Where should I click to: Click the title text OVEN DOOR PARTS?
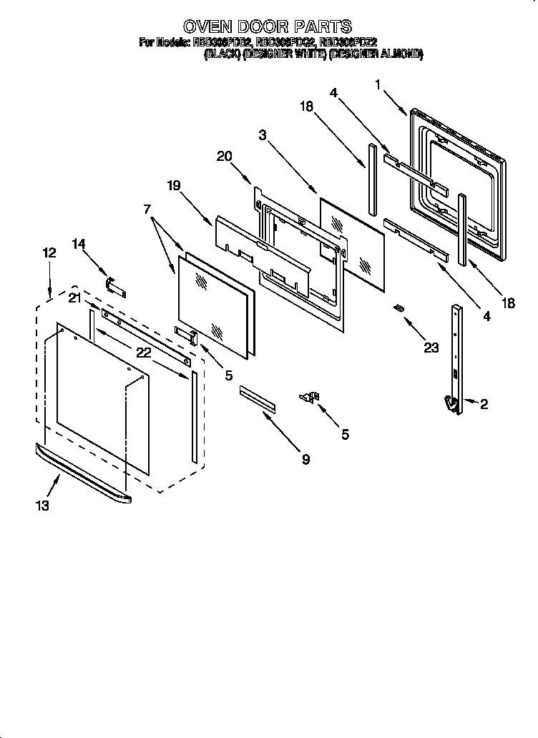pyautogui.click(x=268, y=26)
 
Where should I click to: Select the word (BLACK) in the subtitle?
pyautogui.click(x=222, y=54)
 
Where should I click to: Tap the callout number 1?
pyautogui.click(x=377, y=84)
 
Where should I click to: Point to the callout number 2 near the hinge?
pyautogui.click(x=484, y=405)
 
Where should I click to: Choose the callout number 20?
pyautogui.click(x=224, y=157)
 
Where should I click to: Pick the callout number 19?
pyautogui.click(x=174, y=185)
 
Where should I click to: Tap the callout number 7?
pyautogui.click(x=148, y=209)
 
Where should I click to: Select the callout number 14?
pyautogui.click(x=79, y=244)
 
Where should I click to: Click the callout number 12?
pyautogui.click(x=49, y=252)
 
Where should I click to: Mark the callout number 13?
pyautogui.click(x=42, y=506)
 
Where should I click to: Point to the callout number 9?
pyautogui.click(x=305, y=460)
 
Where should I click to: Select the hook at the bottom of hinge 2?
pyautogui.click(x=451, y=405)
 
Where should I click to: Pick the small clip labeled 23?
pyautogui.click(x=398, y=308)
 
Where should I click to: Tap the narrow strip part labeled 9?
pyautogui.click(x=257, y=399)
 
